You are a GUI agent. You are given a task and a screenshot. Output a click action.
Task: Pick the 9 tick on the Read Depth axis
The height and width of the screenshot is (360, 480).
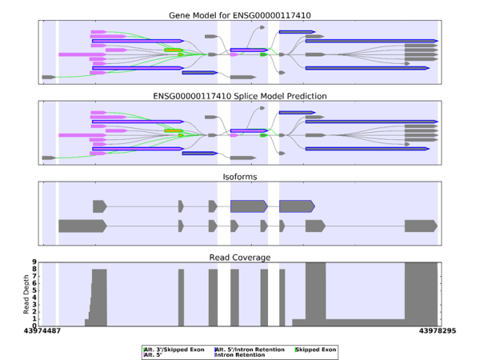pyautogui.click(x=35, y=262)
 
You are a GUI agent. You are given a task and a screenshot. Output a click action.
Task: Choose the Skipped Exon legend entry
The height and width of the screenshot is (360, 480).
pyautogui.click(x=317, y=350)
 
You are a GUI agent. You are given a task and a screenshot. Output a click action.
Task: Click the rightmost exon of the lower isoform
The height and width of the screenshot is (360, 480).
pyautogui.click(x=421, y=226)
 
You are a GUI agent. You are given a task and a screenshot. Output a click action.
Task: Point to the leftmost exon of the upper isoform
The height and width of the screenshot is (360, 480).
pyautogui.click(x=99, y=206)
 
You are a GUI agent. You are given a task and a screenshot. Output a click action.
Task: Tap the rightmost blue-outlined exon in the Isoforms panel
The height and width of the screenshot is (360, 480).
pyautogui.click(x=296, y=206)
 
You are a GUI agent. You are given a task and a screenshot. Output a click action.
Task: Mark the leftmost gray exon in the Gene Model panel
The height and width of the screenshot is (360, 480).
pyautogui.click(x=48, y=77)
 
